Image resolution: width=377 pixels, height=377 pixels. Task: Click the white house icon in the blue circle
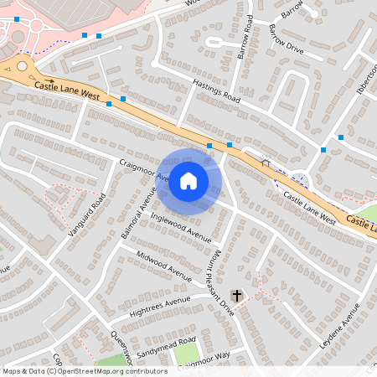click(x=188, y=179)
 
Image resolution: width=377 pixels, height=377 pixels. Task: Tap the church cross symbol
click(x=237, y=296)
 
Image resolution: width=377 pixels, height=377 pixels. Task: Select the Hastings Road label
click(x=216, y=92)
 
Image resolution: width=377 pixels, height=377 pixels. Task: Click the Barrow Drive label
click(x=286, y=39)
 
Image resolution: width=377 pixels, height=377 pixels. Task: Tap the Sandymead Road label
click(x=166, y=347)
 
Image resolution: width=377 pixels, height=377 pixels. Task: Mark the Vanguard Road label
click(x=90, y=214)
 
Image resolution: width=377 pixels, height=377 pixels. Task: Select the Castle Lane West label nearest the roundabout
click(x=68, y=91)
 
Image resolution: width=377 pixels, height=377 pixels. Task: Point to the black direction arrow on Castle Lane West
click(x=48, y=80)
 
